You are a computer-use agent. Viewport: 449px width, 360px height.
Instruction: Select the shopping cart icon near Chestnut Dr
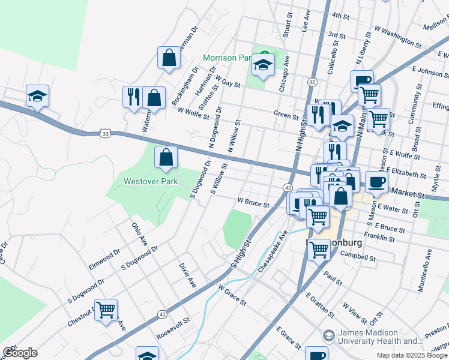(x=106, y=310)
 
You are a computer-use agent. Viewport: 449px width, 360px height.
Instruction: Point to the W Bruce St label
(x=253, y=203)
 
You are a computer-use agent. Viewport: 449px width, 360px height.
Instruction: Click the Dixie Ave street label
(x=188, y=273)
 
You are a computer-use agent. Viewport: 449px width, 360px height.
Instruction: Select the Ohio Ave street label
(x=139, y=233)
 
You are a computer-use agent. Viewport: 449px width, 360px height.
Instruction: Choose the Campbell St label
(x=358, y=258)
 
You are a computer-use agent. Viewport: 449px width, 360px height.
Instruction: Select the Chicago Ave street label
(x=284, y=73)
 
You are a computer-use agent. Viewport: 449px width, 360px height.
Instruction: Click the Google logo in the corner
(x=20, y=353)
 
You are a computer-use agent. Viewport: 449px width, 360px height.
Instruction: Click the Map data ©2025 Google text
(x=412, y=355)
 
